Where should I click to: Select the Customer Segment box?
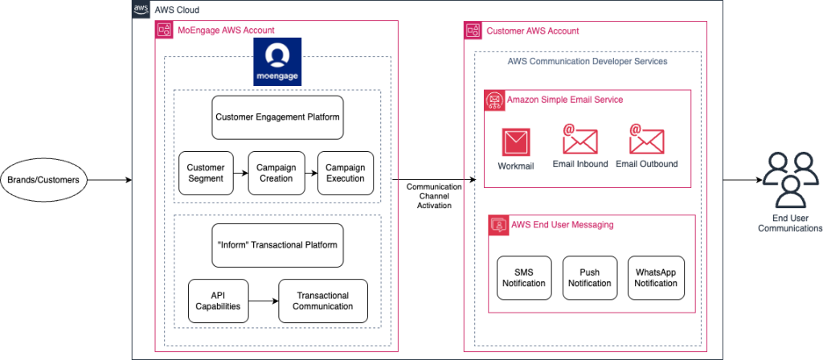[206, 173]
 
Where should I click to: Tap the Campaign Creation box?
[276, 173]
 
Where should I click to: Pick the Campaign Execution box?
[345, 173]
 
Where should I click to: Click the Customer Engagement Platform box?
[277, 117]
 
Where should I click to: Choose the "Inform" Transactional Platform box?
[277, 245]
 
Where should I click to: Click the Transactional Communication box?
[323, 301]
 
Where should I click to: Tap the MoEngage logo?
[277, 61]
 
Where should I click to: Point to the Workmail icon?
[516, 142]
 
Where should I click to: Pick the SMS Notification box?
[524, 278]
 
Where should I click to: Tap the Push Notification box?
[590, 278]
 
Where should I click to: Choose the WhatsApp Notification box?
[656, 278]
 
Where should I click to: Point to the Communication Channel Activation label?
[434, 196]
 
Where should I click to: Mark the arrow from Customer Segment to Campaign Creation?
[240, 173]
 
